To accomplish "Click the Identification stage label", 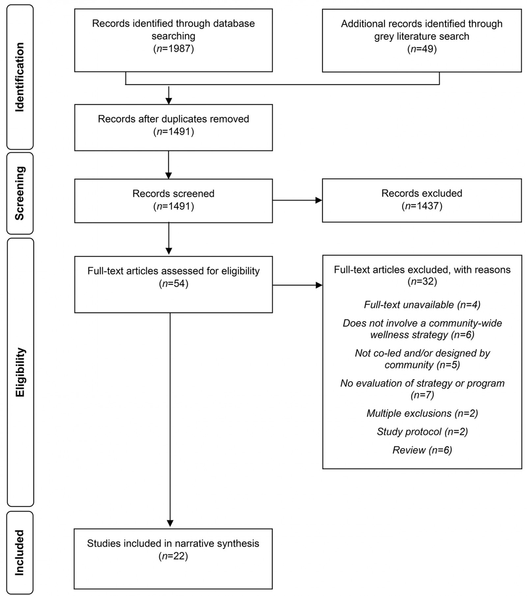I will tap(20, 77).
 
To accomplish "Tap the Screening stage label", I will tap(20, 193).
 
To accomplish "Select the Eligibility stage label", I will tap(20, 372).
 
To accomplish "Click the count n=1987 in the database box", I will tap(174, 49).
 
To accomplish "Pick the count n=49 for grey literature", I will tap(422, 49).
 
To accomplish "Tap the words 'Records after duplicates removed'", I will tap(173, 119).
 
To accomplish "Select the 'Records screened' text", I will tap(173, 194).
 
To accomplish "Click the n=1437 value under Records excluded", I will tap(422, 206).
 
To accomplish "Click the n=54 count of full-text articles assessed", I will tap(174, 284).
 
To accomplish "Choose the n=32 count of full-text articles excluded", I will tap(422, 282).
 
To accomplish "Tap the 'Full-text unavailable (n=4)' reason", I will tap(422, 305).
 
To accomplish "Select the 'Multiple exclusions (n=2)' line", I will tap(422, 413).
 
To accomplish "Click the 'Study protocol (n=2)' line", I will tap(422, 432).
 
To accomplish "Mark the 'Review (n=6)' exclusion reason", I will tap(422, 450).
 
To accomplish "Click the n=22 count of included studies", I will tap(173, 556).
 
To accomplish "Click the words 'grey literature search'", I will tap(422, 36).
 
